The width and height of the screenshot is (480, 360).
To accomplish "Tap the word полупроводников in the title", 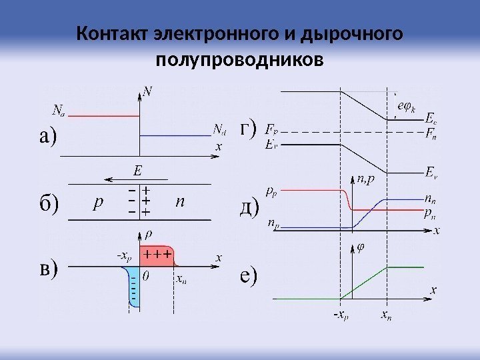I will pyautogui.click(x=239, y=61).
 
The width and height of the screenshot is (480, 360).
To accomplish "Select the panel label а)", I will pyautogui.click(x=47, y=137).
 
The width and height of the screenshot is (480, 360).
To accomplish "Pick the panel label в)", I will pyautogui.click(x=47, y=268).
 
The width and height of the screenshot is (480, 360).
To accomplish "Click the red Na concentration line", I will pyautogui.click(x=94, y=117).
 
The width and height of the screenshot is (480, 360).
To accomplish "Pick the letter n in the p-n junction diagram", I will pyautogui.click(x=179, y=201).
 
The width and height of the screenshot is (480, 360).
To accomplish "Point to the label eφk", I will pyautogui.click(x=405, y=106).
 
